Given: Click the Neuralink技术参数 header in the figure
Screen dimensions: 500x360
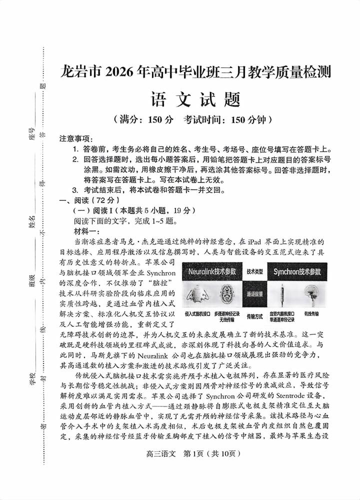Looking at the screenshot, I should click(x=212, y=271).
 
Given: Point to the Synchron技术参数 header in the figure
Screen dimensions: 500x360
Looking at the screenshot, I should click(x=297, y=271).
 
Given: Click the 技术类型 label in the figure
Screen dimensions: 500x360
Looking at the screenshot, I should click(x=255, y=271).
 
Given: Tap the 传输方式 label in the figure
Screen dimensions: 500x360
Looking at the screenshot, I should click(x=255, y=316).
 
